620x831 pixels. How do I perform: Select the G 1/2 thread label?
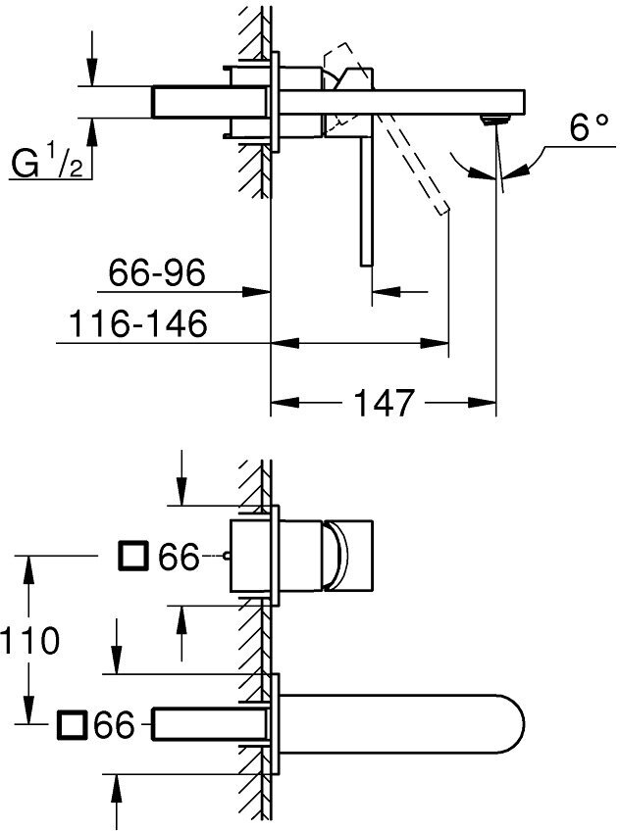click(46, 163)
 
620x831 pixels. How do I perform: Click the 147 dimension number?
click(382, 402)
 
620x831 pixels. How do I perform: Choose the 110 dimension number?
click(31, 641)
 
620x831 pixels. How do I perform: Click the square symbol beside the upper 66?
click(131, 557)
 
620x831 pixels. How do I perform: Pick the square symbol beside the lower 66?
click(72, 726)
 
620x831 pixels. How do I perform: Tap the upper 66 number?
click(179, 558)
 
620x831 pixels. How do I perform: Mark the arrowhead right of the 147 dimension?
click(487, 402)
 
